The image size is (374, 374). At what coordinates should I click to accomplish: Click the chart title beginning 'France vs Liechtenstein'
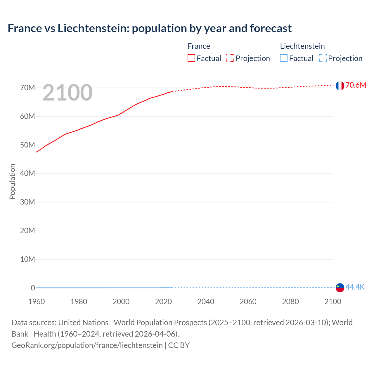click(150, 28)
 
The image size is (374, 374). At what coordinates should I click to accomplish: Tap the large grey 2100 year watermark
click(67, 93)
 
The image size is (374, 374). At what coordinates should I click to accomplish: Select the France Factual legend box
click(191, 58)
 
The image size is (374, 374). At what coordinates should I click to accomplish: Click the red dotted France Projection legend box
click(230, 58)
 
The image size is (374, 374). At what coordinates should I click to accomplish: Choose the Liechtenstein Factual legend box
click(284, 58)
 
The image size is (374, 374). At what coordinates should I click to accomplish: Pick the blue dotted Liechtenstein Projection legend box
click(323, 58)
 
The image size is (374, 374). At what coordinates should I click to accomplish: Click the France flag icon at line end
click(340, 86)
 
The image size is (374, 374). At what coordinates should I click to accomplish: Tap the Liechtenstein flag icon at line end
click(340, 288)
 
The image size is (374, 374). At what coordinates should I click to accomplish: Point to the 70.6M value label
click(356, 85)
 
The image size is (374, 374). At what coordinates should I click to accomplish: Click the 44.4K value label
click(355, 287)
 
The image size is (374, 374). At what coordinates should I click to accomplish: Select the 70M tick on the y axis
click(27, 88)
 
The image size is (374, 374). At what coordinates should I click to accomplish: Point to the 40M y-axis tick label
click(27, 174)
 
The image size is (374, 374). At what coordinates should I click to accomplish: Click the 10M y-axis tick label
click(27, 259)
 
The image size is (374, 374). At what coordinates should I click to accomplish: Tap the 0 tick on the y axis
click(33, 288)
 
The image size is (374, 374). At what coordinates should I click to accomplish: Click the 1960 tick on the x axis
click(37, 302)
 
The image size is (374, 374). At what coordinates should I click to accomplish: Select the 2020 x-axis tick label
click(163, 302)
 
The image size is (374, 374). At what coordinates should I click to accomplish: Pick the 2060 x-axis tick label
click(248, 302)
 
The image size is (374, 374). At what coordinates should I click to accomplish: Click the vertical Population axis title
click(12, 181)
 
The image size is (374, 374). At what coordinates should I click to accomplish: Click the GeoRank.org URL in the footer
click(87, 345)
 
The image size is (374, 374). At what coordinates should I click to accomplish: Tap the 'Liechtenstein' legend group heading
click(302, 46)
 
